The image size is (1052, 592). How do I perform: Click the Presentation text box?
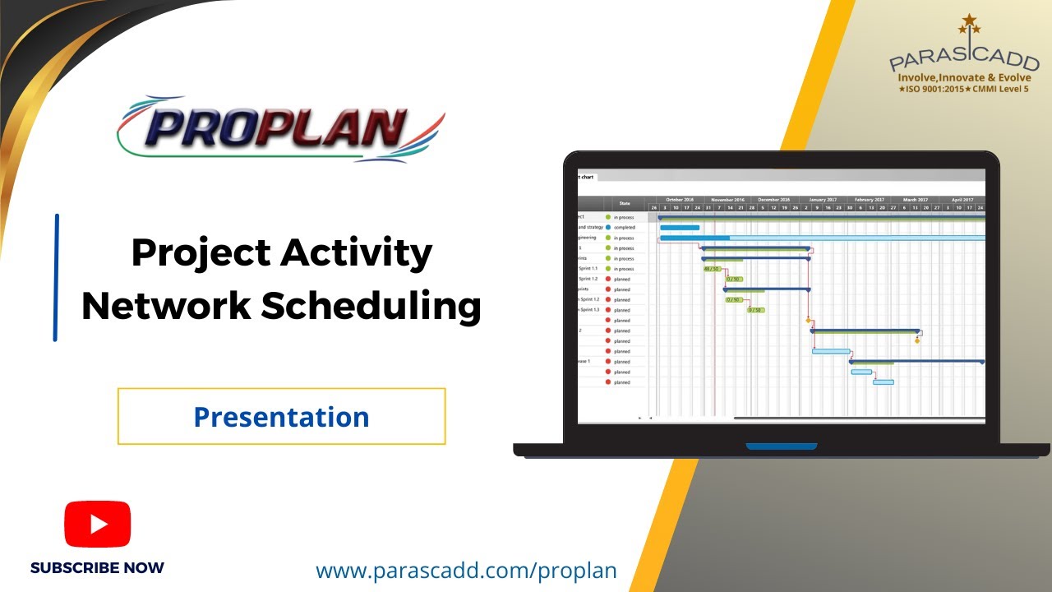(281, 417)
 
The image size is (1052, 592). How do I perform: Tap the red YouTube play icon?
(98, 524)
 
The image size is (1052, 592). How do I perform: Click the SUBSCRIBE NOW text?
(97, 568)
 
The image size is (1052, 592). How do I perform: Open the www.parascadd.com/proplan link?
(466, 571)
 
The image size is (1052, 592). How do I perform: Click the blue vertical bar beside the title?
(56, 277)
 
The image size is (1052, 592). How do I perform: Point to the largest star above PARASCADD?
(970, 20)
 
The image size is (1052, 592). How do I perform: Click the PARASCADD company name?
(963, 60)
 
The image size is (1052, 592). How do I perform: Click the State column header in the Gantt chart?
(625, 203)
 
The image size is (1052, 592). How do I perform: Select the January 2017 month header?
(822, 200)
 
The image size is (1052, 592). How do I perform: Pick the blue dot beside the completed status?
(608, 228)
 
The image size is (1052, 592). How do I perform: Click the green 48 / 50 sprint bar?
(712, 269)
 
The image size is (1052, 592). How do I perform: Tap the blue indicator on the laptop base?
(782, 446)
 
